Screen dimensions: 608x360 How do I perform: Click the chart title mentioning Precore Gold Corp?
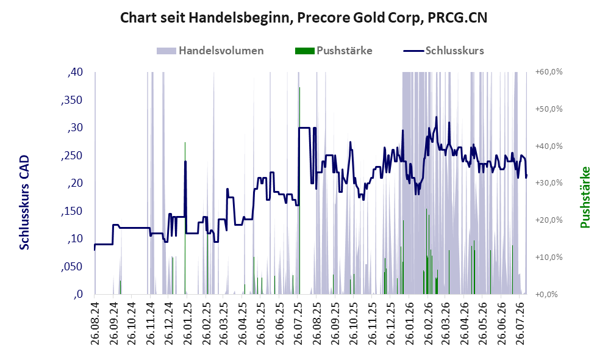304,18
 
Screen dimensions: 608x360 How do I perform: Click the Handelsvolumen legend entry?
210,51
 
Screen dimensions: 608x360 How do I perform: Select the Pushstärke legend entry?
334,51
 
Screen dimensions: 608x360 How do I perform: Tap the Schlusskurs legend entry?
443,51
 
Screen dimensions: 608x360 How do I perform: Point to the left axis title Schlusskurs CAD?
24,202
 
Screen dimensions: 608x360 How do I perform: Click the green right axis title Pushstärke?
585,197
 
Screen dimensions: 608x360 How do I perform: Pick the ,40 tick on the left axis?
75,72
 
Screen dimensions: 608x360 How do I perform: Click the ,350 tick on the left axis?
72,100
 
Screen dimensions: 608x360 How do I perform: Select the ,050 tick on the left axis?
72,267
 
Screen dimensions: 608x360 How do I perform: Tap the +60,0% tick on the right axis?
549,72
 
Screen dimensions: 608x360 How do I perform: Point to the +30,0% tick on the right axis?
549,183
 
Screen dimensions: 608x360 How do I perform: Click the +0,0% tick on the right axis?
547,295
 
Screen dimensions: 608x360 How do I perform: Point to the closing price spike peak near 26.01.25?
185,161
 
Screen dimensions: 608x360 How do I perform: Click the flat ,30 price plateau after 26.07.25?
304,128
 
